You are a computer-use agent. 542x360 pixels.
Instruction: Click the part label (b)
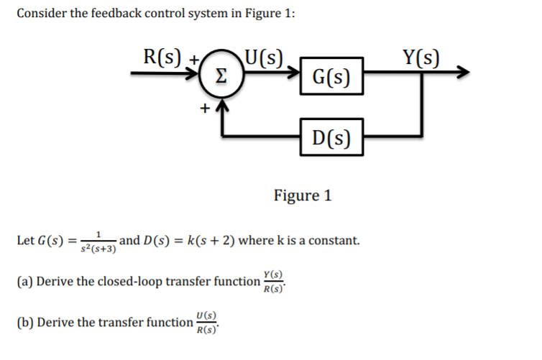pos(24,322)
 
